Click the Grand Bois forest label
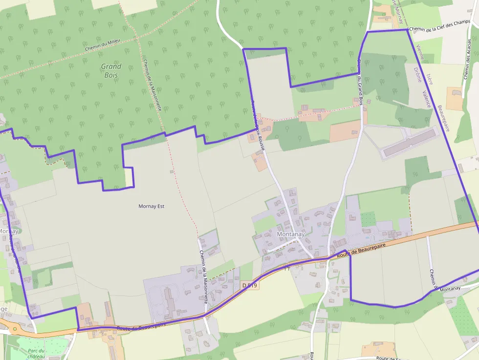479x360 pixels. click(x=111, y=70)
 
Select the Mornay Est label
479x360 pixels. click(x=152, y=206)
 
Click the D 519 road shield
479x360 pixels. click(x=250, y=285)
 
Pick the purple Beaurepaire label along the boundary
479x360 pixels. click(x=443, y=118)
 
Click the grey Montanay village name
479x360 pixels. click(x=291, y=234)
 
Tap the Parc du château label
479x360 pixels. click(x=37, y=354)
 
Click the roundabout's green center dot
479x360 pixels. click(x=15, y=328)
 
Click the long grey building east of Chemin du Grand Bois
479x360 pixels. click(x=410, y=143)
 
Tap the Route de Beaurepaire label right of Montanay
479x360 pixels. click(x=362, y=249)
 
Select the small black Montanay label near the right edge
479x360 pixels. click(x=450, y=289)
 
